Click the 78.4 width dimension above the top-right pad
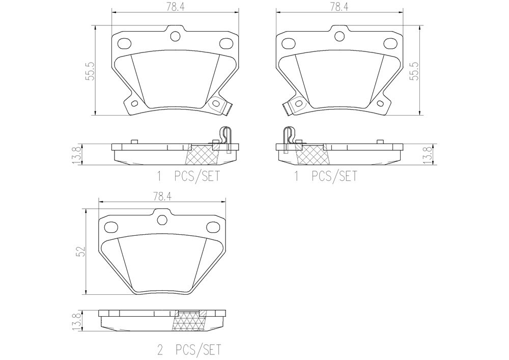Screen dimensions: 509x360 pos(339,7)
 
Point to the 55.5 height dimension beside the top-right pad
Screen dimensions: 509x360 pos(416,71)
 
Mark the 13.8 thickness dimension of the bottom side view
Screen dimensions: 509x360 pos(77,321)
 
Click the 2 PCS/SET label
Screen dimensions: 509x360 pos(189,350)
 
